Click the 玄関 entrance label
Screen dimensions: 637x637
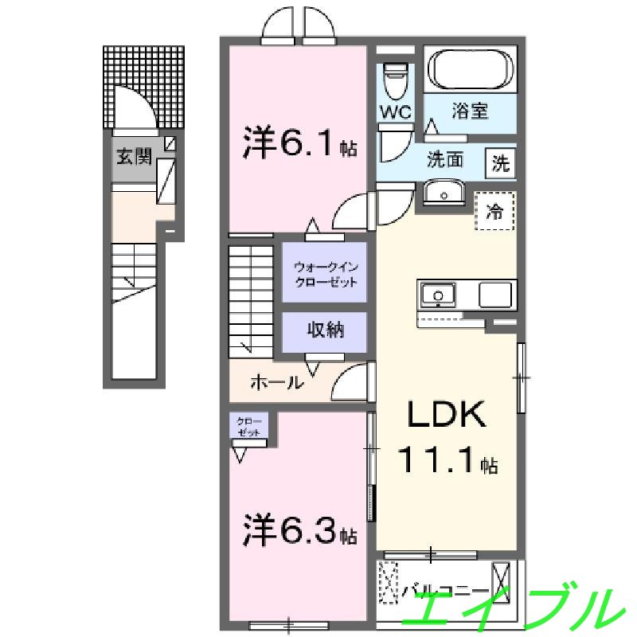[133, 156]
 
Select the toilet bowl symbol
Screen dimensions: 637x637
[394, 80]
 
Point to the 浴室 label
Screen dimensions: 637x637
[470, 111]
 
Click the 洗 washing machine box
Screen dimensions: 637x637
[501, 163]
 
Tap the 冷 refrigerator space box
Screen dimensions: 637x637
[495, 211]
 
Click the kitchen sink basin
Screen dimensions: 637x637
[438, 295]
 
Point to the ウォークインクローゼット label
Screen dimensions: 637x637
[324, 273]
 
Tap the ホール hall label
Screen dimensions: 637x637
[276, 382]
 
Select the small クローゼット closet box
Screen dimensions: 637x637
[249, 425]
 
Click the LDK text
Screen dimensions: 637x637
[447, 416]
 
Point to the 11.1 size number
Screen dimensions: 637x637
[436, 459]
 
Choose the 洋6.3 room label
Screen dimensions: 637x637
[298, 530]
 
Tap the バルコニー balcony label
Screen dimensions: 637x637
[446, 591]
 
